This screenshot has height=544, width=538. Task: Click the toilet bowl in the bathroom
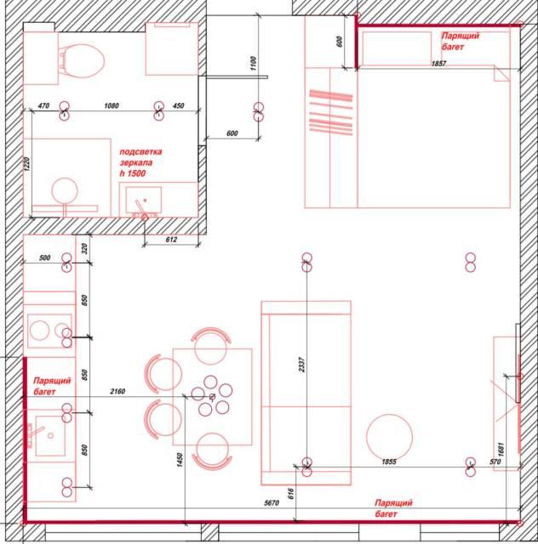83,60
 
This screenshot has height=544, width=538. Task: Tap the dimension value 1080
112,105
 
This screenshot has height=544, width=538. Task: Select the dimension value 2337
301,365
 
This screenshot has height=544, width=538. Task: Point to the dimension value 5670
272,502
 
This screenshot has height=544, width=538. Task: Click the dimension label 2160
117,391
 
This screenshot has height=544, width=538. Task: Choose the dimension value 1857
438,64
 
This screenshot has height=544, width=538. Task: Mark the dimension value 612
171,240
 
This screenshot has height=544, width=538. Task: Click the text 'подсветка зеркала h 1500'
140,162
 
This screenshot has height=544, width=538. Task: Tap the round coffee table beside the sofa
390,437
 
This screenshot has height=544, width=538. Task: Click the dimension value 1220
27,164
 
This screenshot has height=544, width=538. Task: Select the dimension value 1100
253,64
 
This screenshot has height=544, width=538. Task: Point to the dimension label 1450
180,460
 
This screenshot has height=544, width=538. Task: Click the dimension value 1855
389,462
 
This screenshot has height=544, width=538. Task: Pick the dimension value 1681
501,450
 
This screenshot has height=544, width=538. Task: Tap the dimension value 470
43,105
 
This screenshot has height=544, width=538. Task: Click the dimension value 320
85,248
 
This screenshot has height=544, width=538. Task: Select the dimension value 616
291,494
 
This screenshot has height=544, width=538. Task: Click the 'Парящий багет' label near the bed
461,41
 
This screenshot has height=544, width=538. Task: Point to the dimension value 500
45,258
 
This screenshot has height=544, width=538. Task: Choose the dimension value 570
495,462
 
